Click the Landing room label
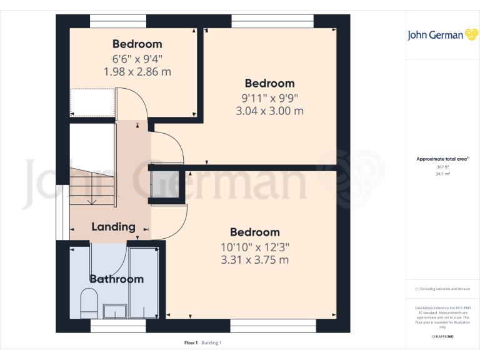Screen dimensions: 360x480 pyautogui.click(x=113, y=226)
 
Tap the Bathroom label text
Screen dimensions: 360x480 pyautogui.click(x=116, y=279)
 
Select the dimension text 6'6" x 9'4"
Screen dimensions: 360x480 pyautogui.click(x=137, y=59)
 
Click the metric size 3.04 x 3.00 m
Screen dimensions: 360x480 pyautogui.click(x=269, y=111)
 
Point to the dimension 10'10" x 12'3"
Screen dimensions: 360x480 pyautogui.click(x=254, y=247)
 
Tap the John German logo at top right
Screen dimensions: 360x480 pyautogui.click(x=443, y=35)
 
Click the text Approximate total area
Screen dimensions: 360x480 pyautogui.click(x=441, y=159)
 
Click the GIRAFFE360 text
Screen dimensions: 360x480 pyautogui.click(x=442, y=336)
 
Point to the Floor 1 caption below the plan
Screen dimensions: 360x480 pyautogui.click(x=191, y=342)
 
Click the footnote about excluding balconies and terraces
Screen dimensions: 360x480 pyautogui.click(x=442, y=289)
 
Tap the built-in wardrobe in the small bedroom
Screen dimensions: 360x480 pyautogui.click(x=92, y=102)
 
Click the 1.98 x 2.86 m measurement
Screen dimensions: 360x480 pyautogui.click(x=137, y=72)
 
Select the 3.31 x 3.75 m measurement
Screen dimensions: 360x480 pyautogui.click(x=254, y=260)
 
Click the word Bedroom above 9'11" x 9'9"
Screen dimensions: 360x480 pyautogui.click(x=269, y=83)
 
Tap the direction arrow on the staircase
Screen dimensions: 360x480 pyautogui.click(x=91, y=201)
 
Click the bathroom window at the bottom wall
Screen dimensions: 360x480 pyautogui.click(x=109, y=326)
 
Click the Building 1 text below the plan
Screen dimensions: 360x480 pyautogui.click(x=211, y=342)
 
